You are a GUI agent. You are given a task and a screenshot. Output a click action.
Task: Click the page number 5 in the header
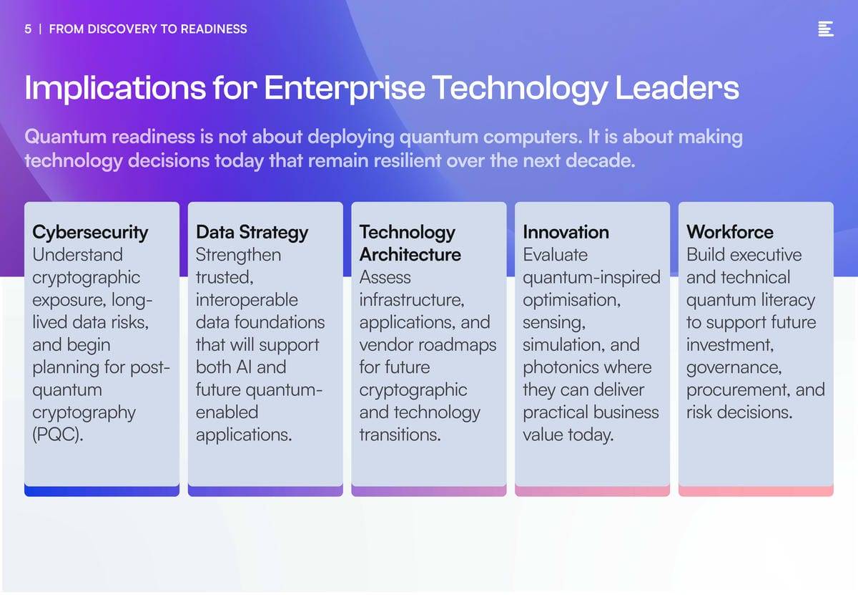(x=28, y=29)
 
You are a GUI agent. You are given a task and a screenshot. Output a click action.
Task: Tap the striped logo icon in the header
(x=825, y=29)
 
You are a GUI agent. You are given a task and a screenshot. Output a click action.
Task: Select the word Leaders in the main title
(x=677, y=88)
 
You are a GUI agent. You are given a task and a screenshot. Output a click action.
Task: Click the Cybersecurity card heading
(x=90, y=233)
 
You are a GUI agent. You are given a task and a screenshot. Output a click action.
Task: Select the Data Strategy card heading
(x=252, y=233)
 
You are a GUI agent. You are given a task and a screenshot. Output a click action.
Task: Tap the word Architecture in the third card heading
(x=410, y=255)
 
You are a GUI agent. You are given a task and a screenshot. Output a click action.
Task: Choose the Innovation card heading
(x=566, y=232)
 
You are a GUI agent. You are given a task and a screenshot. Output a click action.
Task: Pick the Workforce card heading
(x=730, y=232)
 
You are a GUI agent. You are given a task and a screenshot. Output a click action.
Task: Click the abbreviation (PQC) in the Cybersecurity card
(x=57, y=435)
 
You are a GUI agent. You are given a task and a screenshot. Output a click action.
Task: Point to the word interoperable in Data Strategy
(x=247, y=299)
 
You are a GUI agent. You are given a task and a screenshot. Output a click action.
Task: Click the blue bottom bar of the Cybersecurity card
(x=102, y=491)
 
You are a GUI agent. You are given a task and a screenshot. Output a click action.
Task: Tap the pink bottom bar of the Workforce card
(x=756, y=491)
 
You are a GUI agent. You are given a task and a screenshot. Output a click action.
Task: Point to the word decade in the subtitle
(x=600, y=160)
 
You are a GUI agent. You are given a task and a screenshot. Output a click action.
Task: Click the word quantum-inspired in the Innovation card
(x=591, y=278)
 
